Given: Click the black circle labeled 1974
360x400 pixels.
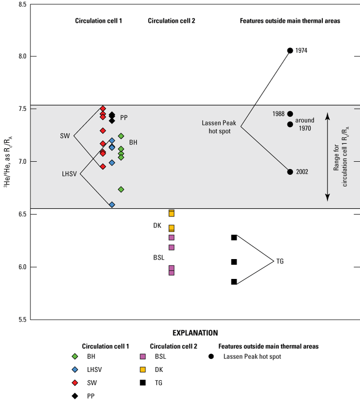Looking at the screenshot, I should (290, 50).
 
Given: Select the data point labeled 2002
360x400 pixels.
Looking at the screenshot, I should (290, 171).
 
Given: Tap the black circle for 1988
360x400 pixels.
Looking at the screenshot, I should (290, 114).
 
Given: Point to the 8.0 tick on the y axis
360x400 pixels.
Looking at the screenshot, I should (19, 56).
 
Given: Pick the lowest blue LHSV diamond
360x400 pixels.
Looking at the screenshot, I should (112, 205).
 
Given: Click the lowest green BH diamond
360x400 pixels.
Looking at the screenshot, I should (121, 189).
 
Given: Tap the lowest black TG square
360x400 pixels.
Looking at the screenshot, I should (234, 282).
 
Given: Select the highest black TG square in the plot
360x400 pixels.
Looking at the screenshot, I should (234, 237).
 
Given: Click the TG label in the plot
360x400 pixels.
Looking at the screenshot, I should (280, 261).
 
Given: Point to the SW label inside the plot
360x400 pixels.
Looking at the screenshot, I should (65, 136).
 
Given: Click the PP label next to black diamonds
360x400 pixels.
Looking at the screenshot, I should (124, 118).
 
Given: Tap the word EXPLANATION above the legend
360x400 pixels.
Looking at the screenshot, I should (195, 333).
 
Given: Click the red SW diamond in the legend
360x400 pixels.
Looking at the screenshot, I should (75, 382).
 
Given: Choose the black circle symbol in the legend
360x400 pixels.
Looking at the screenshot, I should (211, 356).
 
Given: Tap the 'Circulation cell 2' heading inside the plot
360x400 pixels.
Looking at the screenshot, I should (171, 21).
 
